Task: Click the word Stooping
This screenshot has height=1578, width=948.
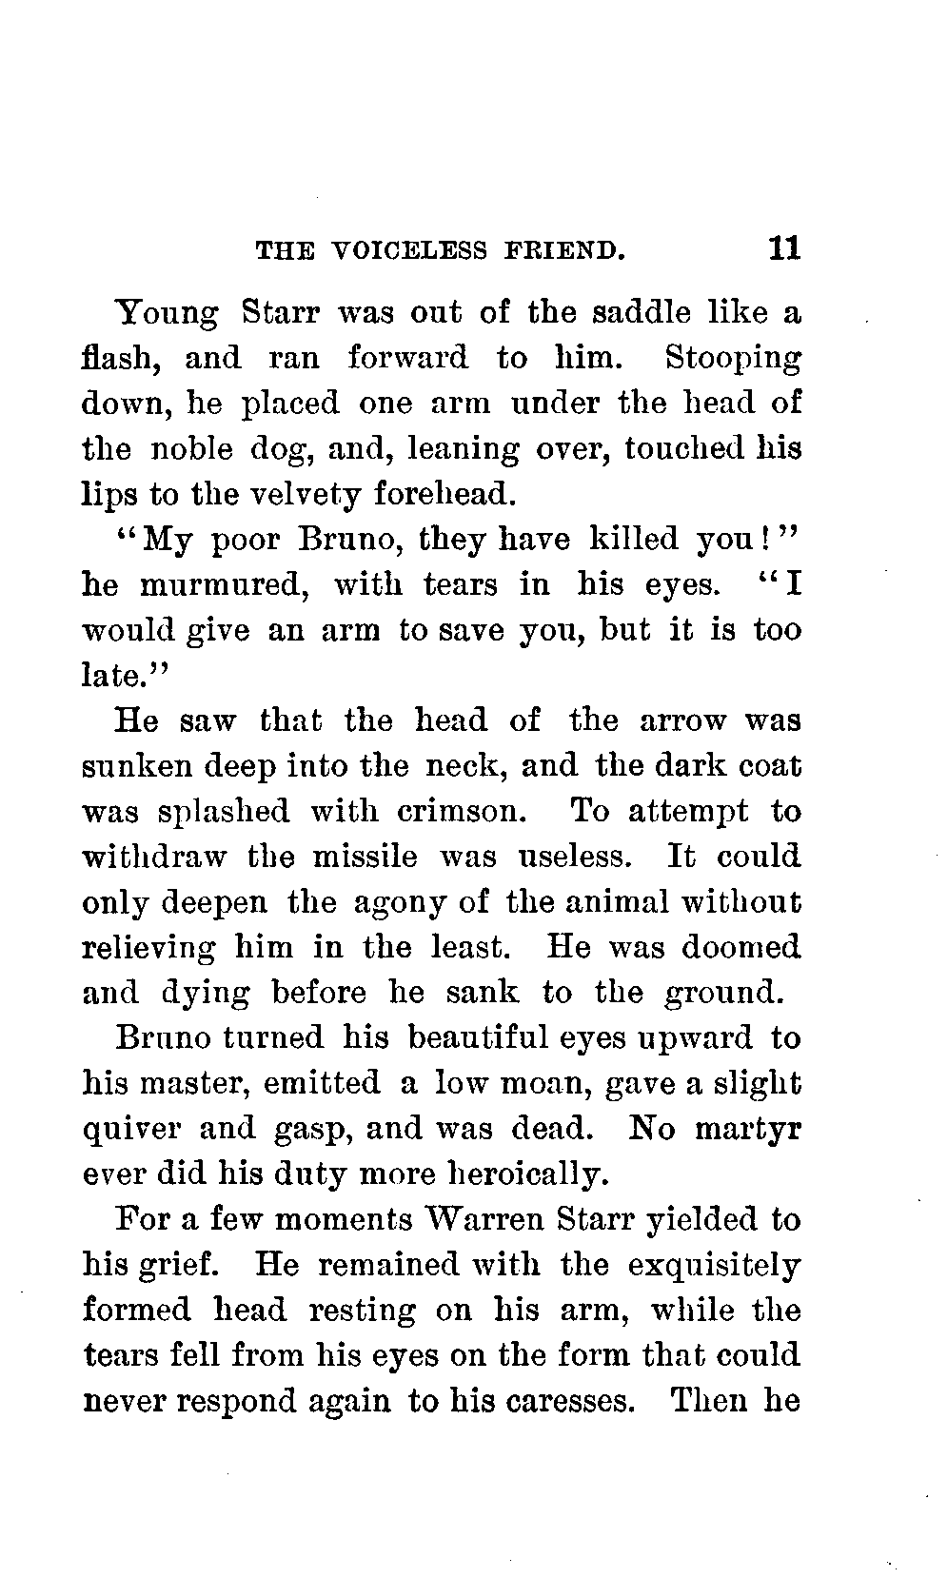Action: (x=732, y=360)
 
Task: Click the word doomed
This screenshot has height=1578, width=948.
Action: (x=743, y=948)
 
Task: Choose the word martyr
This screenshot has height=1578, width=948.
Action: (x=747, y=1129)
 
